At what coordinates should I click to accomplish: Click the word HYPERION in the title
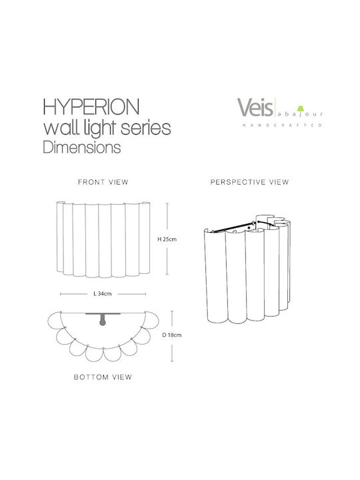point(91,107)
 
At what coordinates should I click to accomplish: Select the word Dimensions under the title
point(82,147)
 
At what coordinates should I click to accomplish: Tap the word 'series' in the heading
point(146,128)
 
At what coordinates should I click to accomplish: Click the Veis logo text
point(255,107)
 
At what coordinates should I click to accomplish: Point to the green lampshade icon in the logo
point(301,109)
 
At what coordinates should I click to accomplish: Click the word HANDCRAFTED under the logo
point(282,125)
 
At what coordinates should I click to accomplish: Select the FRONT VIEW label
point(103,182)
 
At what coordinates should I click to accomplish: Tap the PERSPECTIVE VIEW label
point(250,182)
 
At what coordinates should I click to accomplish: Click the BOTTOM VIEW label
point(103,377)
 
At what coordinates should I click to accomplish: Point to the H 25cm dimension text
point(167,239)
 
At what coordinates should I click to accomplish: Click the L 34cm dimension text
point(103,294)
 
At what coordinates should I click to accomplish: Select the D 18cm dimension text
point(172,335)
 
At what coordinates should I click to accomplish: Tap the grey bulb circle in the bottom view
point(103,322)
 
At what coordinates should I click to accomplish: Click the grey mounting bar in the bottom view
point(103,314)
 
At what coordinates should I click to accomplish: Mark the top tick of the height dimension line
point(167,203)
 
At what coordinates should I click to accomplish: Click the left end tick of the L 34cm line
point(61,294)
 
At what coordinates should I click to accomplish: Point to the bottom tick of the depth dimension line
point(172,361)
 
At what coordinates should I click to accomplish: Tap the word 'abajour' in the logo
point(300,115)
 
